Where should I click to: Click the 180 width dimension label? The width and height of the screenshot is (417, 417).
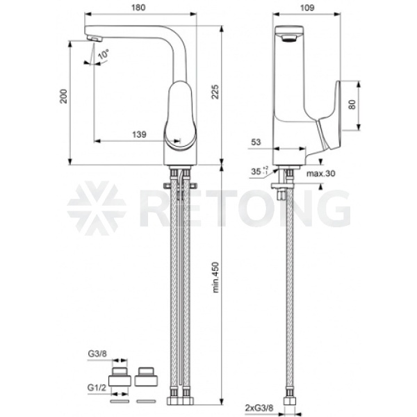coord(138,8)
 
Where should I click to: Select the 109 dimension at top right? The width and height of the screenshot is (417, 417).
coord(307,8)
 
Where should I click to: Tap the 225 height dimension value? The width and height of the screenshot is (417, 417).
coord(215,92)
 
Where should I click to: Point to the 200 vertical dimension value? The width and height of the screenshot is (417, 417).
coord(63,97)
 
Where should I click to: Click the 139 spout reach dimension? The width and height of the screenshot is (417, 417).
coord(139,134)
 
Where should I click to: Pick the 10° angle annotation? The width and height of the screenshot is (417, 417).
coord(104,54)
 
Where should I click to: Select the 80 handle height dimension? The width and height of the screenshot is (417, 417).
coord(352,104)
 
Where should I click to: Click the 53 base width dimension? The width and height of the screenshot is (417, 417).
coord(256,142)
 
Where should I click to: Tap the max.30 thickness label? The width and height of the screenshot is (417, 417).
coord(320,173)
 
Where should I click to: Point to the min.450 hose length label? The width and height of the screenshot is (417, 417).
coord(215,277)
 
